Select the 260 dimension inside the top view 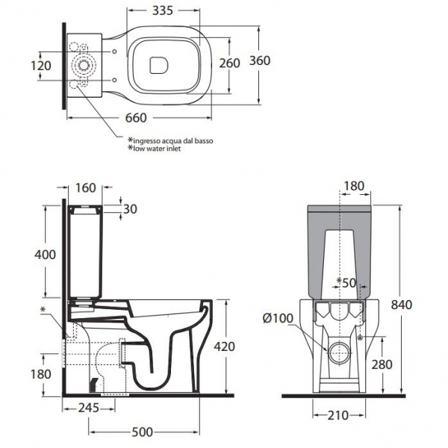pos(229,63)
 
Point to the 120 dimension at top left pos(42,66)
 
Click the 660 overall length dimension pos(135,118)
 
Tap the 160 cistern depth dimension pos(86,188)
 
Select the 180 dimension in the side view pos(42,373)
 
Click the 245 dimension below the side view pos(88,408)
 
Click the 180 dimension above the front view pos(354,186)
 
